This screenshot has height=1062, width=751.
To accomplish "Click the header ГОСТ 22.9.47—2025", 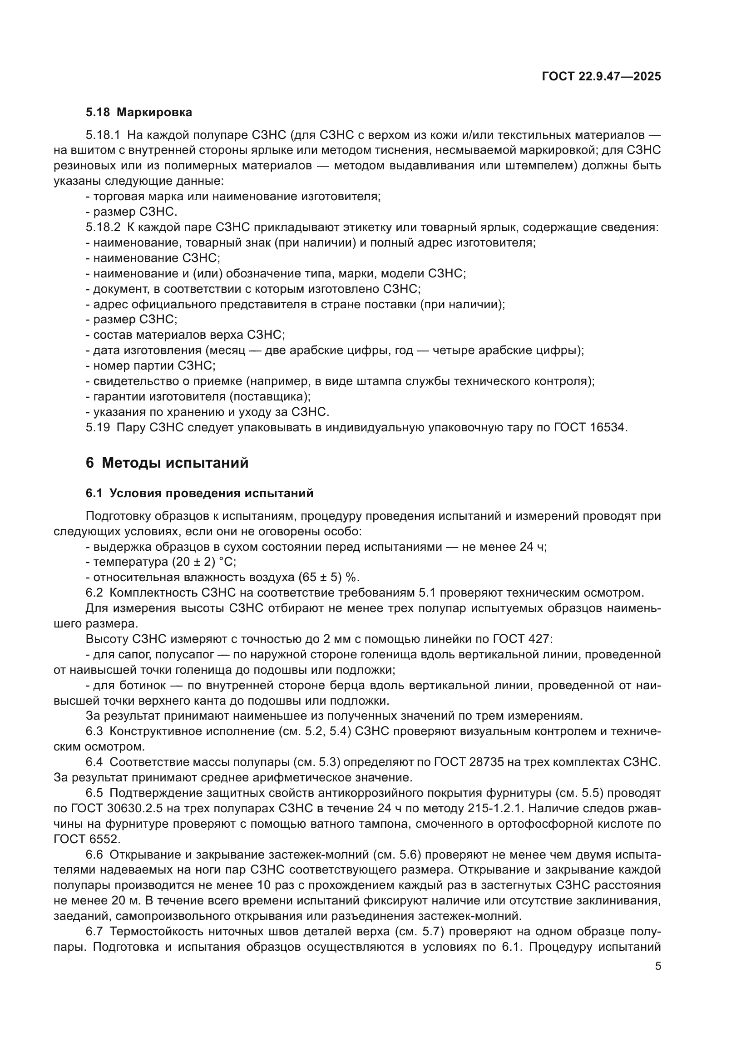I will [601, 77].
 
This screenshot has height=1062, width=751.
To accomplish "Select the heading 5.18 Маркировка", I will [139, 113].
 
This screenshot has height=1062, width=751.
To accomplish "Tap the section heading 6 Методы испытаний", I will [167, 463].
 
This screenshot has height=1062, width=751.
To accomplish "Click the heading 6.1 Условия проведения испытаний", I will [199, 494].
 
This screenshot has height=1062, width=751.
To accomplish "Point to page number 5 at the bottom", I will [658, 966].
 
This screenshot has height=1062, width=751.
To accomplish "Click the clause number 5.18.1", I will [103, 135].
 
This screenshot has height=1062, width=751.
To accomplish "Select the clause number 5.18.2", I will [103, 227].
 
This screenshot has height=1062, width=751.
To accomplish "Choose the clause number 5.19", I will [98, 427].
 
